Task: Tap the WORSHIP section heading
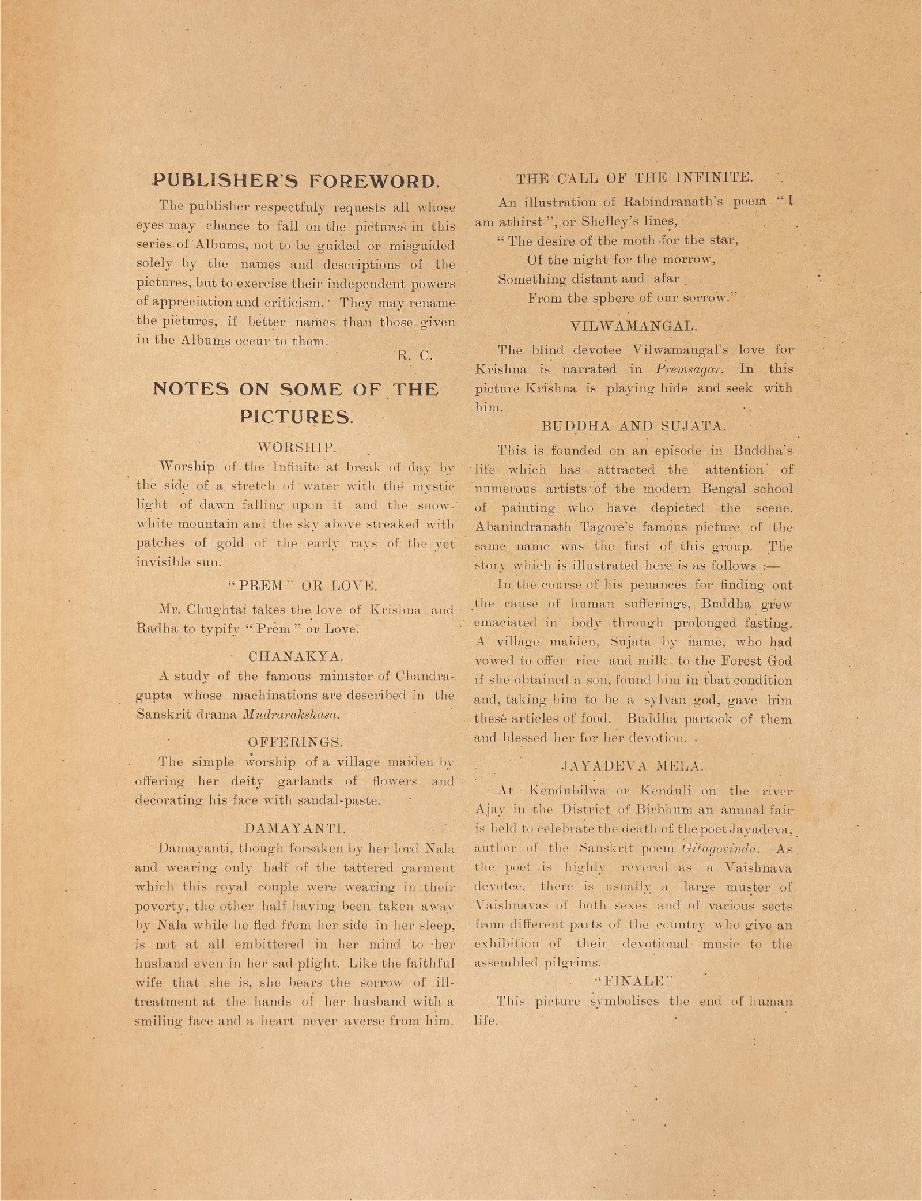click(x=295, y=446)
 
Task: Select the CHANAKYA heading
click(x=295, y=656)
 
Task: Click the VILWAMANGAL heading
click(x=634, y=326)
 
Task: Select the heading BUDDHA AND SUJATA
click(x=634, y=426)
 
